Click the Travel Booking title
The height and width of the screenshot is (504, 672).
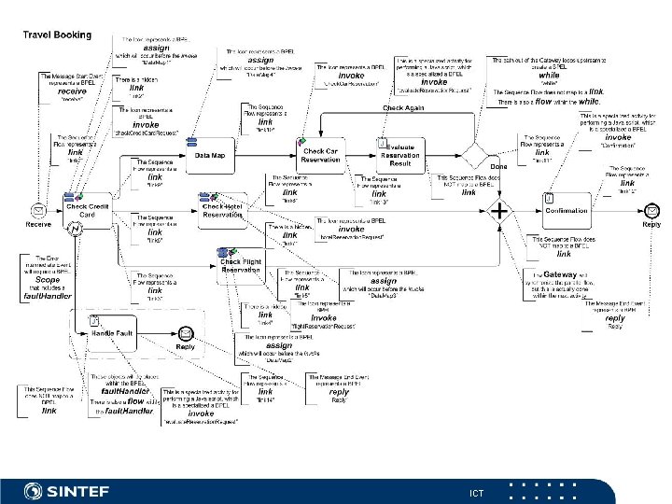(x=57, y=35)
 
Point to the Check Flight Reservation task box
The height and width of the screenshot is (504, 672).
(x=240, y=265)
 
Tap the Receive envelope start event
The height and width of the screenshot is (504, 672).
(x=37, y=210)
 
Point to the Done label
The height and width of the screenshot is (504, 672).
(x=498, y=168)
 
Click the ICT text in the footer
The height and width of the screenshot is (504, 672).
(x=477, y=491)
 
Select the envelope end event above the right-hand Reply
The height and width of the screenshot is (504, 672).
(x=651, y=210)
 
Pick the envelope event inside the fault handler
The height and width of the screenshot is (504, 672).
(x=186, y=333)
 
